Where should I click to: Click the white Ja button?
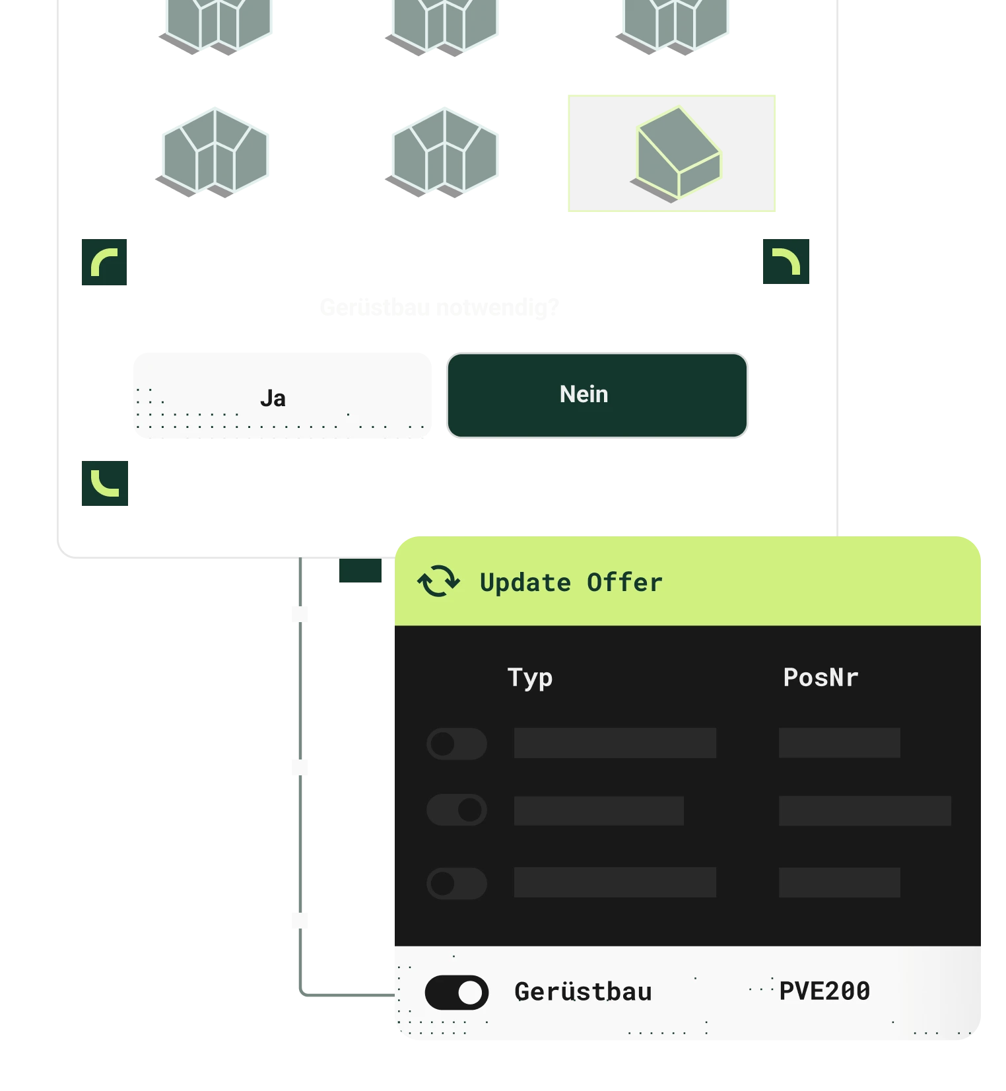tap(282, 394)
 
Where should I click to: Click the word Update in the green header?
tap(525, 582)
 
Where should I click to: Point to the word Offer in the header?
tap(624, 582)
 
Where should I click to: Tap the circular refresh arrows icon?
tap(438, 581)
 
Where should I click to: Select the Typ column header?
tap(530, 678)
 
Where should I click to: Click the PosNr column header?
tap(821, 678)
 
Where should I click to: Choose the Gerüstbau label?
tap(583, 992)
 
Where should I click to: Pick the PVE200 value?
tap(824, 991)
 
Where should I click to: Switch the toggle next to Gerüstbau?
tap(457, 993)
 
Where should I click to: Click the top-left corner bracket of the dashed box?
tap(103, 262)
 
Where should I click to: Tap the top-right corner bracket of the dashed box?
tap(786, 262)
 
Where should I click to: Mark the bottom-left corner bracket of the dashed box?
tap(104, 483)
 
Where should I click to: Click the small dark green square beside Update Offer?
tap(361, 572)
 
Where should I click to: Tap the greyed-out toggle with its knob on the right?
tap(457, 810)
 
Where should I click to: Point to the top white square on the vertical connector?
tap(301, 613)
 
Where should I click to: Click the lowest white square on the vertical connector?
tap(301, 919)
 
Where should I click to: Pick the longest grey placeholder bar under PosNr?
tap(865, 810)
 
